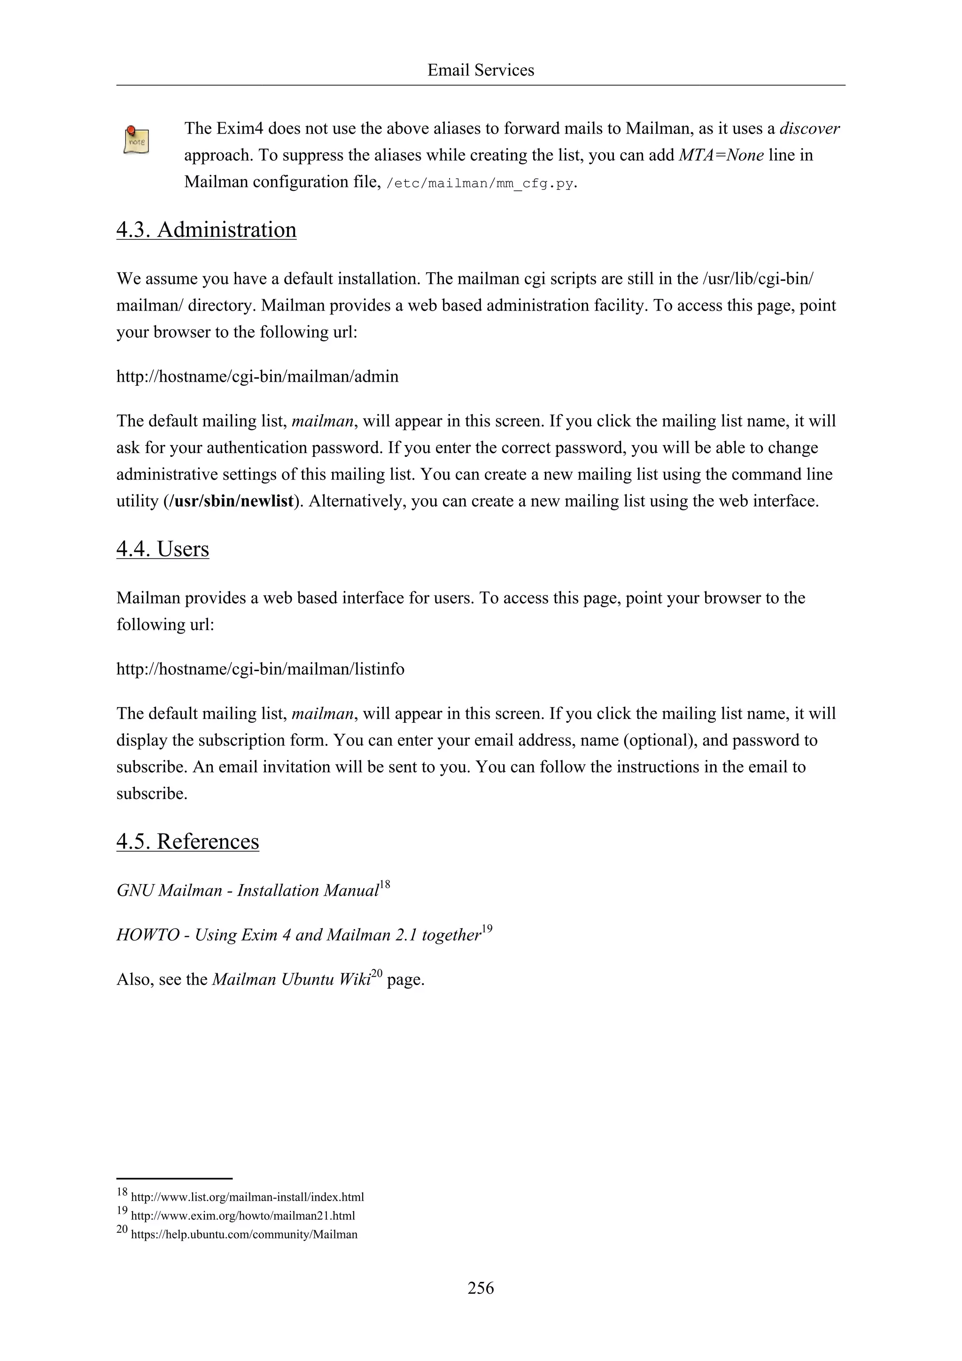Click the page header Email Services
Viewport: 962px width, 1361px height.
pyautogui.click(x=481, y=70)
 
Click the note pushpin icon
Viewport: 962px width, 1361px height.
pyautogui.click(x=136, y=141)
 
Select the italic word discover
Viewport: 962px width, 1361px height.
pyautogui.click(x=809, y=129)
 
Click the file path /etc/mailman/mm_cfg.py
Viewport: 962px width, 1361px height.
pyautogui.click(x=480, y=183)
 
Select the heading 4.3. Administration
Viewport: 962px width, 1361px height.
pyautogui.click(x=206, y=230)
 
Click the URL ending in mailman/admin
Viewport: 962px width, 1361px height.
pyautogui.click(x=257, y=376)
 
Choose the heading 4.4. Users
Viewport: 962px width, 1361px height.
pyautogui.click(x=163, y=549)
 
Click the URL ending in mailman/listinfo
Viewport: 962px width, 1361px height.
pyautogui.click(x=260, y=669)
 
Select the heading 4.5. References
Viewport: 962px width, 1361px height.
pyautogui.click(x=187, y=842)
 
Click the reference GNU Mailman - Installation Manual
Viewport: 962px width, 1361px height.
pyautogui.click(x=247, y=891)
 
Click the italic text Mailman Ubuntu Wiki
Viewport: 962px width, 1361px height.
pyautogui.click(x=291, y=979)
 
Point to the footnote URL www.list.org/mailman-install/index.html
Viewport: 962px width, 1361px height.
pyautogui.click(x=247, y=1197)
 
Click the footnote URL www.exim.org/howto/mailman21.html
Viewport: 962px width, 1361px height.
pyautogui.click(x=242, y=1216)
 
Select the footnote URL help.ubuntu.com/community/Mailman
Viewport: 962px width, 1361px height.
pyautogui.click(x=243, y=1235)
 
